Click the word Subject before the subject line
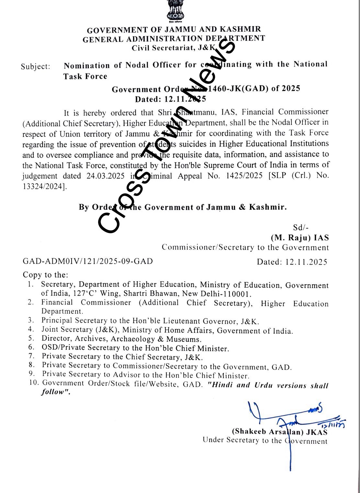click(x=35, y=67)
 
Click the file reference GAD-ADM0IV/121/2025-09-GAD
click(x=88, y=261)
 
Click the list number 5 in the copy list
click(x=31, y=339)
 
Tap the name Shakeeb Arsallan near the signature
click(x=268, y=431)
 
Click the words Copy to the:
click(x=46, y=275)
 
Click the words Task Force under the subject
click(x=85, y=76)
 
